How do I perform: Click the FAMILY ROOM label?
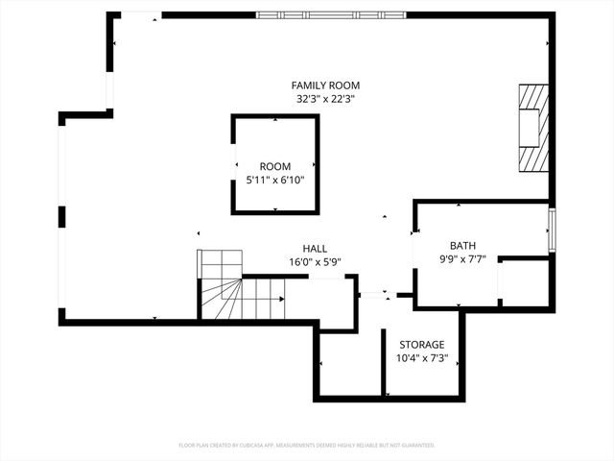click(327, 85)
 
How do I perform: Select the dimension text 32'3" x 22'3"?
click(327, 98)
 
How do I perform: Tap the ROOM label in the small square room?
click(274, 166)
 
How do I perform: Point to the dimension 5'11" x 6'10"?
click(274, 179)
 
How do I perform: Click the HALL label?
click(315, 248)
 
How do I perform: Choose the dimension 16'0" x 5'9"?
click(315, 261)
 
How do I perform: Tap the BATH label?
click(462, 246)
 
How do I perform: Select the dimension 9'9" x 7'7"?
click(462, 258)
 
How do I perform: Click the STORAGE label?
click(421, 345)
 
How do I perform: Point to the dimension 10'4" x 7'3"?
click(421, 358)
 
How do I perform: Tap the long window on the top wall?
click(331, 14)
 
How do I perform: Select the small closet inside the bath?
click(524, 282)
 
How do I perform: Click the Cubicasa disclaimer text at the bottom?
click(307, 446)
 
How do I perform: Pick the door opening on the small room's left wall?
click(233, 164)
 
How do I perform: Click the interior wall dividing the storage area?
click(384, 363)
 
